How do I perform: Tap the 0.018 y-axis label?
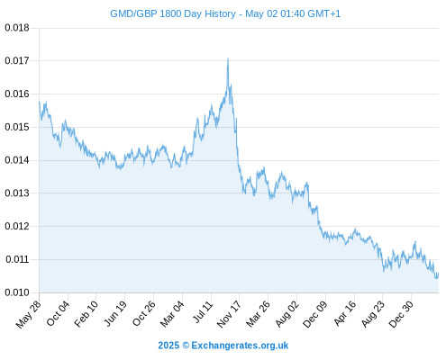pyautogui.click(x=17, y=28)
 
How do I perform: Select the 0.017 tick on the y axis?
pyautogui.click(x=17, y=61)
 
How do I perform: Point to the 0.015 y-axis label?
pyautogui.click(x=17, y=127)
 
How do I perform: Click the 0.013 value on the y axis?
pyautogui.click(x=17, y=193)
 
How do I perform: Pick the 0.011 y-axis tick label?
pyautogui.click(x=17, y=259)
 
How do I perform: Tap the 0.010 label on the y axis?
pyautogui.click(x=17, y=292)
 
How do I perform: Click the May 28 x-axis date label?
pyautogui.click(x=28, y=314)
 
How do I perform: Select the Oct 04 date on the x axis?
pyautogui.click(x=58, y=313)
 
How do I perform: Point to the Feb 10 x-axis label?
pyautogui.click(x=86, y=314)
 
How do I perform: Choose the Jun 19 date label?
pyautogui.click(x=115, y=314)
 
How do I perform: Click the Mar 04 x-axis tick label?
pyautogui.click(x=172, y=314)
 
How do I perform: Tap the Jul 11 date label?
pyautogui.click(x=203, y=312)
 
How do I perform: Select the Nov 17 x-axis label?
pyautogui.click(x=229, y=314)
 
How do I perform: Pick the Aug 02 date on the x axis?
pyautogui.click(x=287, y=314)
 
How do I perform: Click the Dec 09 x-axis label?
pyautogui.click(x=315, y=314)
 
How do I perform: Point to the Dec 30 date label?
pyautogui.click(x=401, y=314)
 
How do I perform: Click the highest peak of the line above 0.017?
pyautogui.click(x=228, y=58)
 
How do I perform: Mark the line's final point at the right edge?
pyautogui.click(x=439, y=273)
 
